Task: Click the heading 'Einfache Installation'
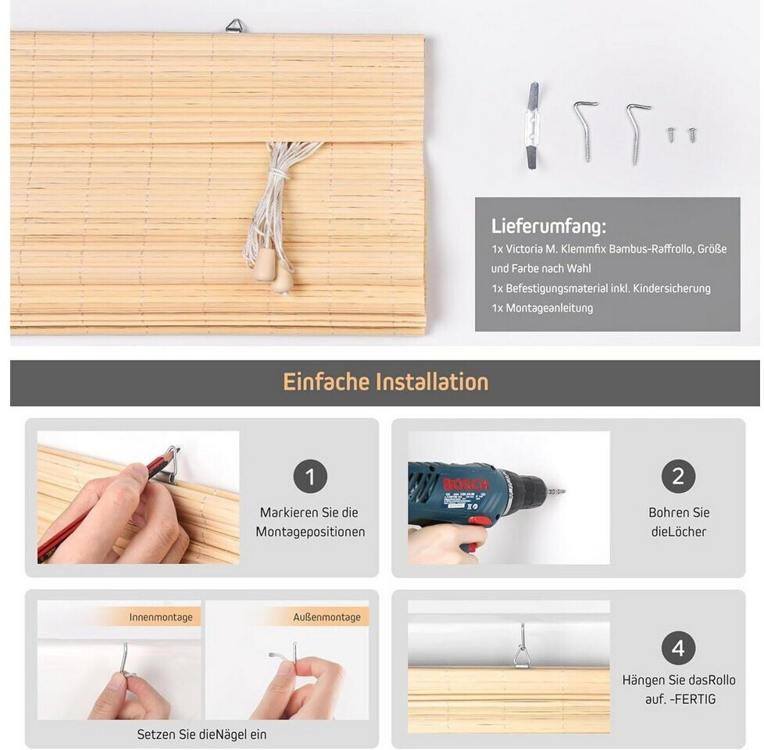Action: click(385, 382)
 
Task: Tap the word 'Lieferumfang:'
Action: click(548, 227)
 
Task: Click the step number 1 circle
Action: click(310, 476)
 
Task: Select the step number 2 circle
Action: click(678, 476)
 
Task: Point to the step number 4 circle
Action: click(678, 648)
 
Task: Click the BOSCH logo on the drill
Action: click(466, 484)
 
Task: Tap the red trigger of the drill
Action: click(480, 521)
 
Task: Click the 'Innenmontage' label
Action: click(161, 617)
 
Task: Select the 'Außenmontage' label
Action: click(327, 617)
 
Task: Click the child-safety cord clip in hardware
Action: click(533, 126)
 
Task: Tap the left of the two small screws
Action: click(671, 134)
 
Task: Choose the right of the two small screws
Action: click(692, 134)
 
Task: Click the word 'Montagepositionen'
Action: click(310, 532)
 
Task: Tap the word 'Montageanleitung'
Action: click(549, 308)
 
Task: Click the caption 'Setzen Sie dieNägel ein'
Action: click(202, 734)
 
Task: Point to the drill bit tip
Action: click(564, 491)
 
